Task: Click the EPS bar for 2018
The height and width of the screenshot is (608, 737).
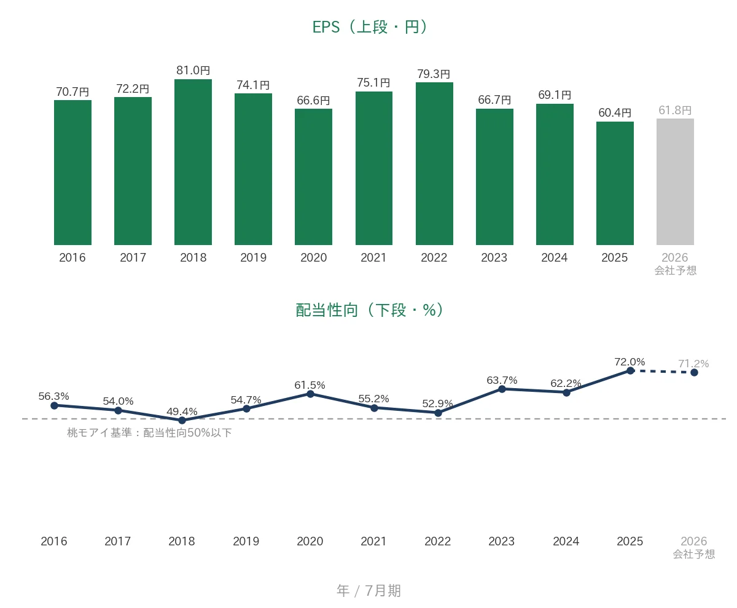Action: pos(193,162)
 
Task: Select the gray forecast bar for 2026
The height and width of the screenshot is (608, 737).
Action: pos(675,182)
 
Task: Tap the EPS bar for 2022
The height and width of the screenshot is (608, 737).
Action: pos(434,163)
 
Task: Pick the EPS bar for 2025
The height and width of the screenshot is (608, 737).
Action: pos(615,183)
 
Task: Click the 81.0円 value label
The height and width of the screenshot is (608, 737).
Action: pos(193,70)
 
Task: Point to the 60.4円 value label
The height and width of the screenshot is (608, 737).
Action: pos(615,112)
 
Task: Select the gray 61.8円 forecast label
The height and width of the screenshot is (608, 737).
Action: pos(675,110)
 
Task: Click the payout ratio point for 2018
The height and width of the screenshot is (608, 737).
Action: pos(182,420)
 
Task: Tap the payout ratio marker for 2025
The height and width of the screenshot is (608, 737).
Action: pos(630,370)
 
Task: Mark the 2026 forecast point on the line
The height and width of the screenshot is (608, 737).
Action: pos(694,373)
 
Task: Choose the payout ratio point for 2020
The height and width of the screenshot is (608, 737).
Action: pos(310,394)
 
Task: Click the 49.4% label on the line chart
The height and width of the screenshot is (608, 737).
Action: pos(182,411)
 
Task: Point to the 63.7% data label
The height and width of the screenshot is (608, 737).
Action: pos(502,380)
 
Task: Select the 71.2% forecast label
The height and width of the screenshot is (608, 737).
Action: pos(693,364)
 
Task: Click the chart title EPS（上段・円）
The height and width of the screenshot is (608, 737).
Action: pos(370,27)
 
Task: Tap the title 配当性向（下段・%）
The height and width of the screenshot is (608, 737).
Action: pos(370,310)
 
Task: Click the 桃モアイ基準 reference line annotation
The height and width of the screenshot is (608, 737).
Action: pos(149,432)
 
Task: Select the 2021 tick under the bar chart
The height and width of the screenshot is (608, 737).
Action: pos(373,257)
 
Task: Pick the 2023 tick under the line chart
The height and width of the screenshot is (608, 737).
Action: pos(501,541)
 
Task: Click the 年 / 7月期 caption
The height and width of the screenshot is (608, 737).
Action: pos(369,590)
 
